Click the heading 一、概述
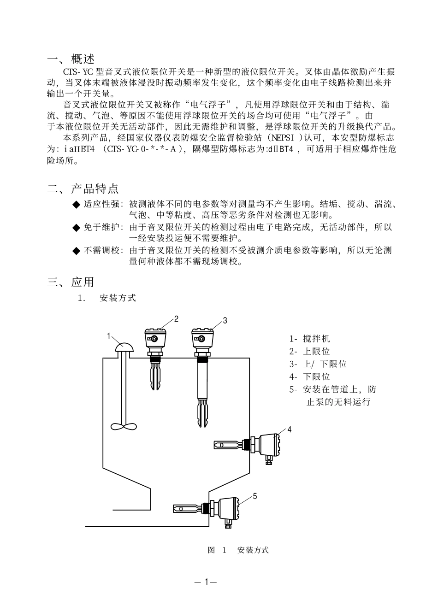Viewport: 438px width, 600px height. coord(71,59)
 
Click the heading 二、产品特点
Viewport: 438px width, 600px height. coord(83,188)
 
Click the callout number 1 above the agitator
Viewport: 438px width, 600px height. coord(109,336)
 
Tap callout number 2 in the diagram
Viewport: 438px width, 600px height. coord(176,318)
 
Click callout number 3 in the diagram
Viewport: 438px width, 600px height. coord(225,320)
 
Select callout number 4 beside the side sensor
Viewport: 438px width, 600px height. coord(290,429)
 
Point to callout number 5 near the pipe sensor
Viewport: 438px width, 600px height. coord(255,496)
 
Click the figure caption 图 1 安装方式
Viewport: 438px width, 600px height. coord(238,550)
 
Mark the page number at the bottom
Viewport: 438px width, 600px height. coord(205,582)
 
